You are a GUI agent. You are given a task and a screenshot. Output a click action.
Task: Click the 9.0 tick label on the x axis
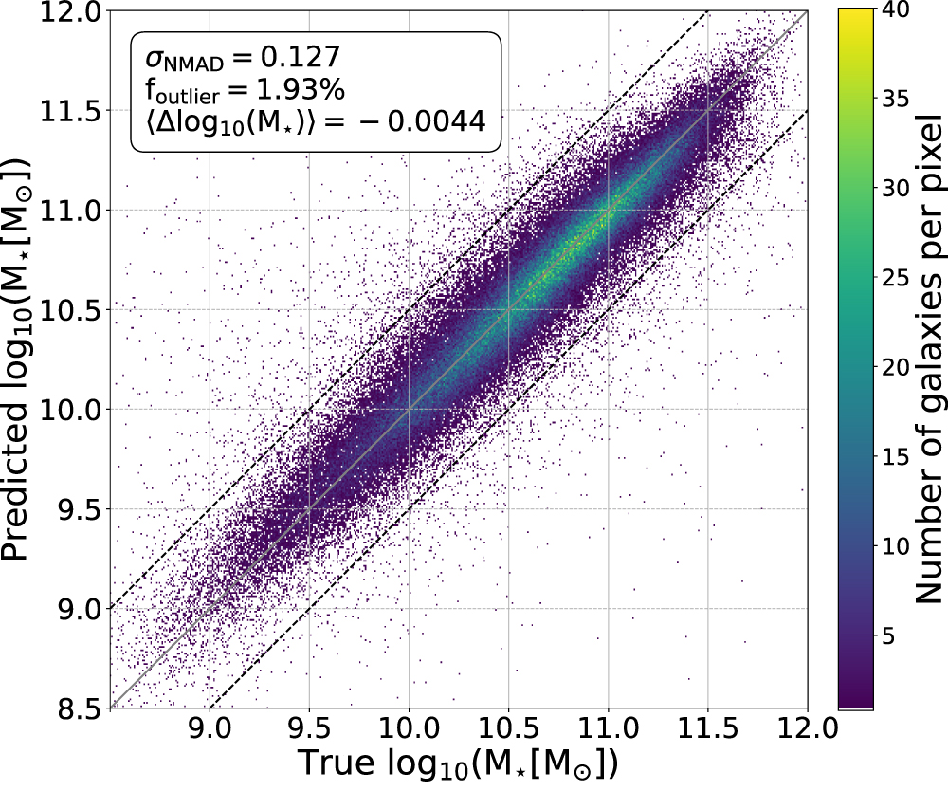pos(208,731)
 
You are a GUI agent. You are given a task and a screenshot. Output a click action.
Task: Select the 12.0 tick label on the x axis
pos(807,731)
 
